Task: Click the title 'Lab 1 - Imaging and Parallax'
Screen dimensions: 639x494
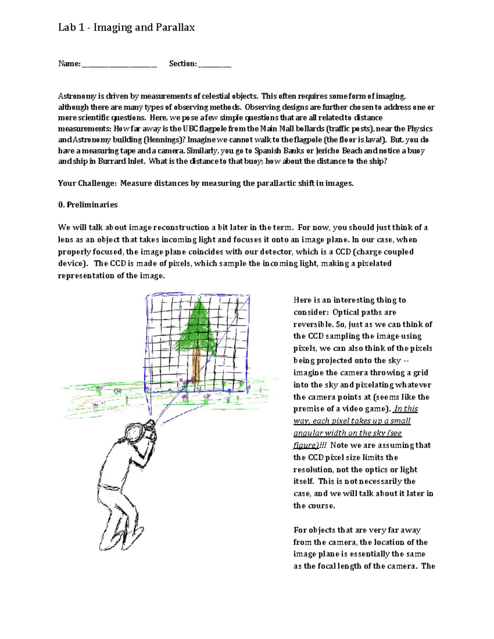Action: click(126, 28)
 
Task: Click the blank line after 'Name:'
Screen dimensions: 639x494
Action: click(119, 64)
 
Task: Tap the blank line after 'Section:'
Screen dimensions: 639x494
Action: click(214, 64)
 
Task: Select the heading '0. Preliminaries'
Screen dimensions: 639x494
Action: click(88, 205)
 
